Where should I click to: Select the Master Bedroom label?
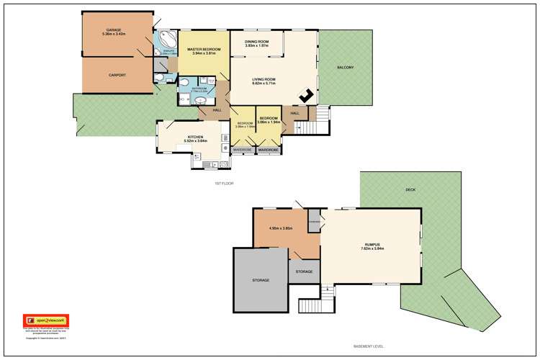click(x=203, y=50)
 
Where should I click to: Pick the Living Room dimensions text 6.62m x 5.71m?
click(x=265, y=84)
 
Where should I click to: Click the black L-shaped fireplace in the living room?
click(x=305, y=95)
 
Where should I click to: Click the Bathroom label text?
click(x=199, y=89)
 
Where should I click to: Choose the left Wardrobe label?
click(x=241, y=150)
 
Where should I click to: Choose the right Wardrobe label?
click(x=268, y=150)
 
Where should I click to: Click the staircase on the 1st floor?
click(x=323, y=114)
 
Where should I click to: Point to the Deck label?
click(x=410, y=189)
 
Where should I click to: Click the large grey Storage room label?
click(x=261, y=279)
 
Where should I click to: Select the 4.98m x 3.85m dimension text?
click(x=280, y=228)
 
